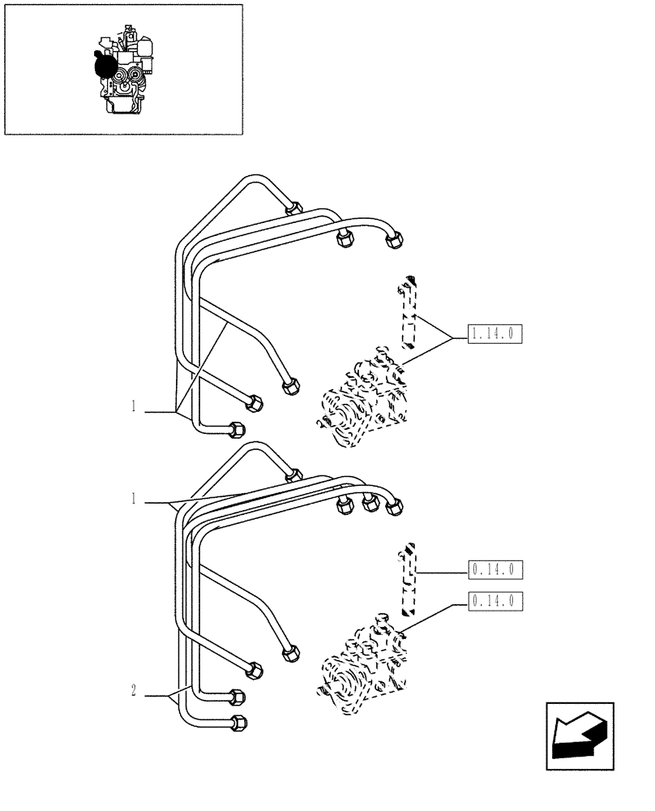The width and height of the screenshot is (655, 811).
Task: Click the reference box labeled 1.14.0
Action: tap(495, 333)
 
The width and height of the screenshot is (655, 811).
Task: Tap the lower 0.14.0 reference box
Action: tap(495, 601)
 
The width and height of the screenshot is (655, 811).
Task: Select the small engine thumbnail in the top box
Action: tap(123, 69)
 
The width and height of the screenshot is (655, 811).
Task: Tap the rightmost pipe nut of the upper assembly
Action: tap(395, 238)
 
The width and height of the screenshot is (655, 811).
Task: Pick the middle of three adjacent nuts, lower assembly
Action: tap(370, 504)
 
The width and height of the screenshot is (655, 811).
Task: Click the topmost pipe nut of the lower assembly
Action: tap(294, 475)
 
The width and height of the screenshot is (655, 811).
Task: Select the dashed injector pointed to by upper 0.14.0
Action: tap(410, 577)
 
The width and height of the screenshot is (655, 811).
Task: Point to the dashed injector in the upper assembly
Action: tap(409, 312)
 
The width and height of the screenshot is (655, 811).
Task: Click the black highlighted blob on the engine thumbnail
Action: tap(104, 64)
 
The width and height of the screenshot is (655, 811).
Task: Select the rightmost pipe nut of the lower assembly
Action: tap(394, 506)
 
